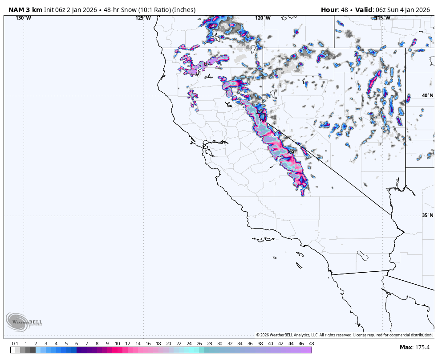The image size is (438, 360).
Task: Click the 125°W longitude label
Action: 143,18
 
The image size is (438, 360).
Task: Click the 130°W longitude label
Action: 23,18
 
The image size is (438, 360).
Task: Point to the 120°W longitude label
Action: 263,18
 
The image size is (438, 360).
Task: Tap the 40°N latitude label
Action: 427,95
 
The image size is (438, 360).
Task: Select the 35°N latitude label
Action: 427,215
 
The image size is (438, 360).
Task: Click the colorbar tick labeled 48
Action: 311,344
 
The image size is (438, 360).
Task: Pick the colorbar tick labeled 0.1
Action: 15,344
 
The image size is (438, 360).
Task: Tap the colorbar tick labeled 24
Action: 189,344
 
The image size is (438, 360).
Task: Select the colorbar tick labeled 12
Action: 128,344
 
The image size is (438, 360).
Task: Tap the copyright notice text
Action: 344,335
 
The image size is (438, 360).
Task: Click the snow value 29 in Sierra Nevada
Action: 291,152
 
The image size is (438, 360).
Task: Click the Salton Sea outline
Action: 363,256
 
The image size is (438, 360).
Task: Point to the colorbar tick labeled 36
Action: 250,344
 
